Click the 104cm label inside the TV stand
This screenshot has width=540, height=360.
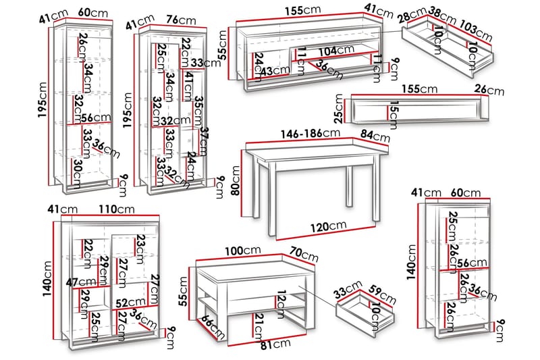[335, 49]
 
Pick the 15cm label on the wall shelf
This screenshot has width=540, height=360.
[394, 115]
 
